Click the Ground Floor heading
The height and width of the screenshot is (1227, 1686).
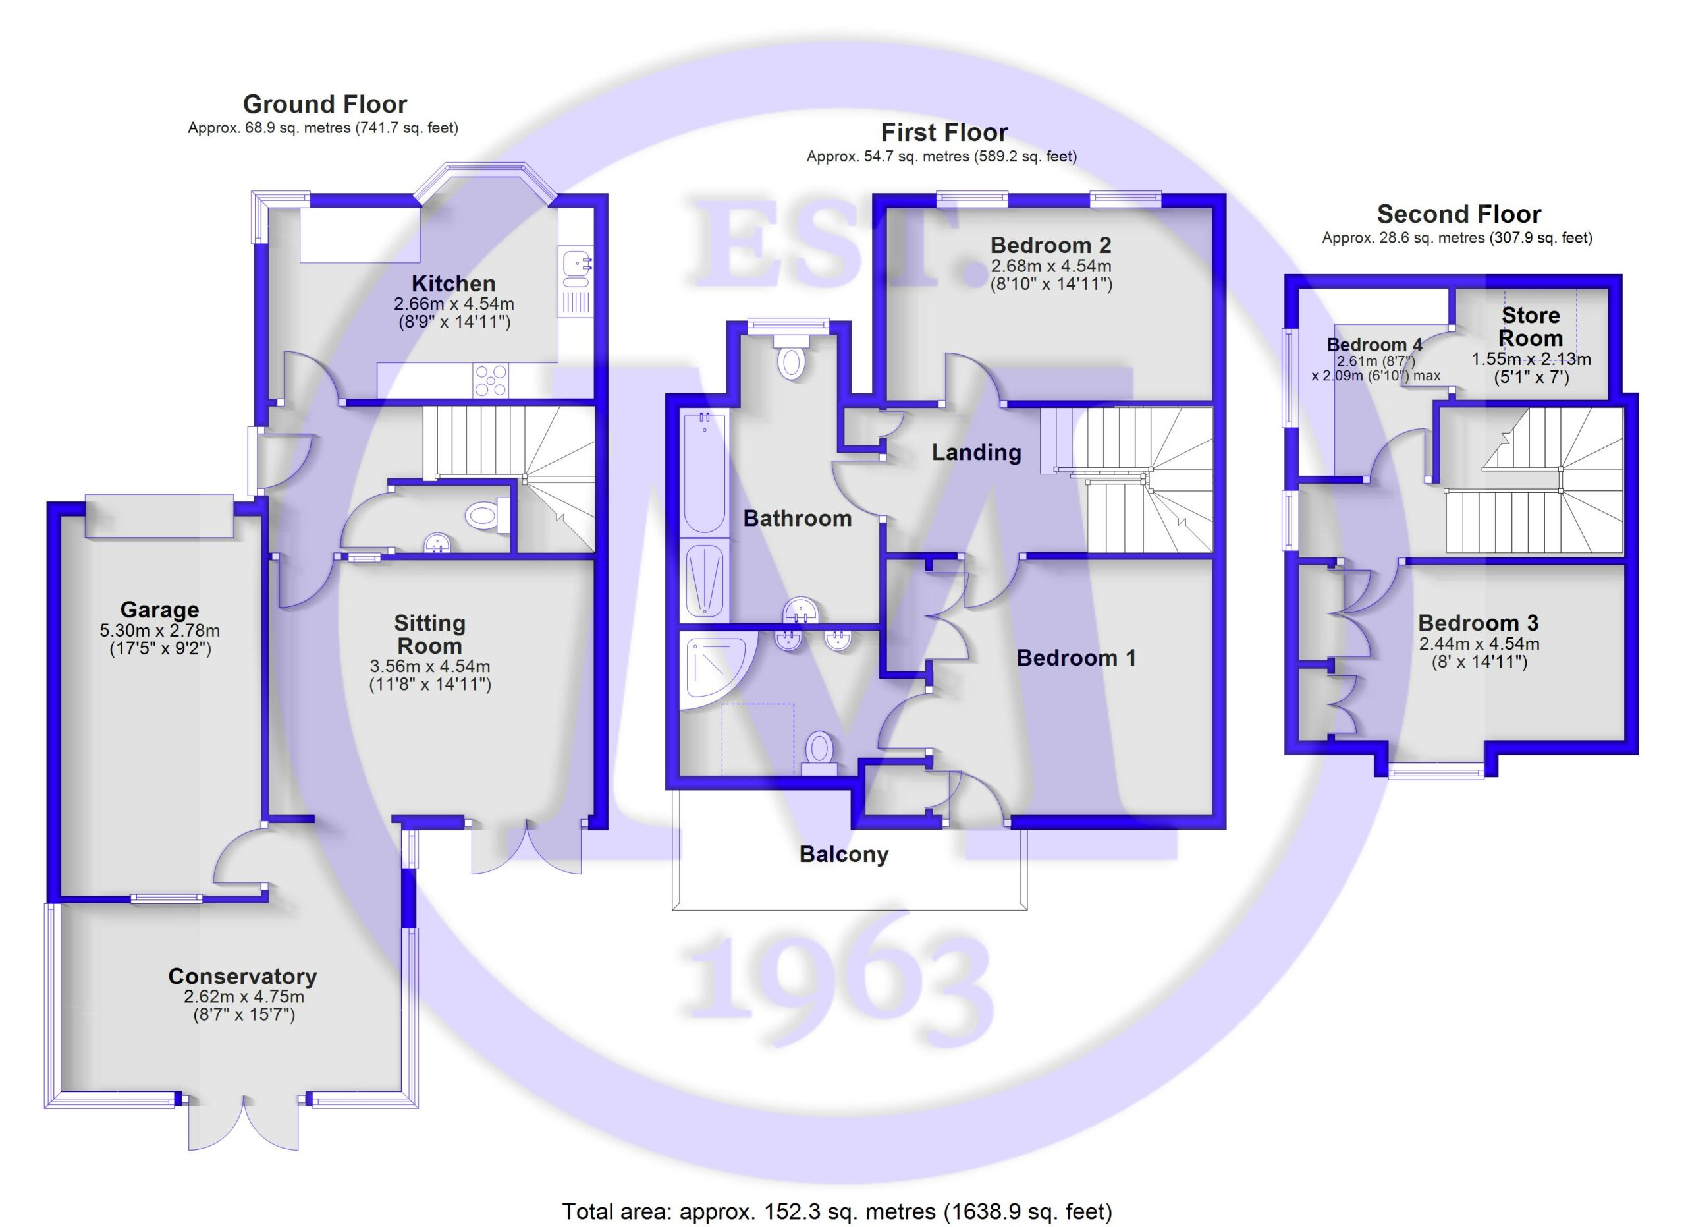[325, 104]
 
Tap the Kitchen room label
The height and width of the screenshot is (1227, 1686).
[454, 283]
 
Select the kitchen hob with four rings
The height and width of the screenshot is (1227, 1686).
[491, 380]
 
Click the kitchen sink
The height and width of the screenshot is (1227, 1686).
[576, 268]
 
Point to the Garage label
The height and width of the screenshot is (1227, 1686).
[160, 610]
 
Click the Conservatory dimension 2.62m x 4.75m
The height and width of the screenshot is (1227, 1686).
[244, 996]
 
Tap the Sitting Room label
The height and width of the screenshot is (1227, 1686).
[429, 635]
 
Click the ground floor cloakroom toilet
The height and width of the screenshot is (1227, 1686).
[487, 515]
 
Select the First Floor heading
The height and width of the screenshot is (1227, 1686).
[944, 132]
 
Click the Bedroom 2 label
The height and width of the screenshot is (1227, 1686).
[1050, 244]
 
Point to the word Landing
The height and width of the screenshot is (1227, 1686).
[976, 452]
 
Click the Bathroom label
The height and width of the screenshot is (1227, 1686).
[798, 519]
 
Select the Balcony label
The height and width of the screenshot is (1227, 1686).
[844, 855]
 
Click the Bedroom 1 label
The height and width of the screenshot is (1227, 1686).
[1075, 658]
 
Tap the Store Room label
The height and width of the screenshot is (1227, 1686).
[1531, 326]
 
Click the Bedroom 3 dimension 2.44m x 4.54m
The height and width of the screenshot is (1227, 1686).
[1479, 644]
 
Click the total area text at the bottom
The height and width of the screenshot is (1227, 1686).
[837, 1211]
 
